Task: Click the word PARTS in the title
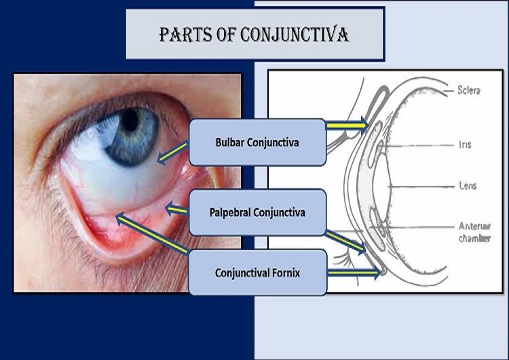[185, 34]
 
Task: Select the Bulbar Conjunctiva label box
[257, 143]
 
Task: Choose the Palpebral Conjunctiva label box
[257, 213]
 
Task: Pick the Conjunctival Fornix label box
[257, 273]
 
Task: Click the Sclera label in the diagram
[469, 90]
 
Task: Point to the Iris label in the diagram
[464, 145]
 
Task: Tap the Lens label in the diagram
[468, 185]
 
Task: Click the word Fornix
[285, 273]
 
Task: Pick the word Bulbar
[231, 143]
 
